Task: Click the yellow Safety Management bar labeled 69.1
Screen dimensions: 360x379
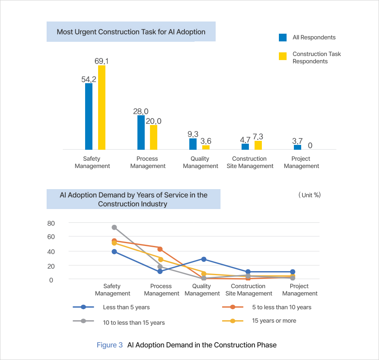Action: pos(101,108)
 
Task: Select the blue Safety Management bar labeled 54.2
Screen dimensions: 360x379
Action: pos(89,116)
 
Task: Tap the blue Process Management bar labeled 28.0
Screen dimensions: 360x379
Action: pos(141,132)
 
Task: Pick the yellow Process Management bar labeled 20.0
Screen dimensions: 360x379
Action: pos(154,137)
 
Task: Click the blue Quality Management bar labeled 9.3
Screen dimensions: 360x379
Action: pos(193,144)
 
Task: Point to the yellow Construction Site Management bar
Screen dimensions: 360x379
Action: pos(258,145)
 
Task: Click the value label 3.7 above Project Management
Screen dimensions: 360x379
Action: pos(297,141)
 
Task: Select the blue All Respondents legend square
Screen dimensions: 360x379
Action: pos(283,37)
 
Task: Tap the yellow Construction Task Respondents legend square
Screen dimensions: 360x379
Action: pos(283,56)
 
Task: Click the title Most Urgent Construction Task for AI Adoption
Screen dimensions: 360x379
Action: pos(131,32)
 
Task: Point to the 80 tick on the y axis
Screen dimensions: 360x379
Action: pos(51,223)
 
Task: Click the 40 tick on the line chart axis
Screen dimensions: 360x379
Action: pos(51,251)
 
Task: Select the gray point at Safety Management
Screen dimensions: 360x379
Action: pos(114,227)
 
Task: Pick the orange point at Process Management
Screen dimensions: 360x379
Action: pos(160,249)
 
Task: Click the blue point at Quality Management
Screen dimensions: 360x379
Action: pos(204,259)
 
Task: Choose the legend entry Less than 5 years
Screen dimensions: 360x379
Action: pos(126,307)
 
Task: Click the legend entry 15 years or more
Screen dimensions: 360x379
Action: pos(274,321)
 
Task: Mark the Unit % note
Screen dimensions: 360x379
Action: pos(309,195)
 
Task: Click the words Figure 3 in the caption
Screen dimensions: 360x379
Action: pos(109,345)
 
